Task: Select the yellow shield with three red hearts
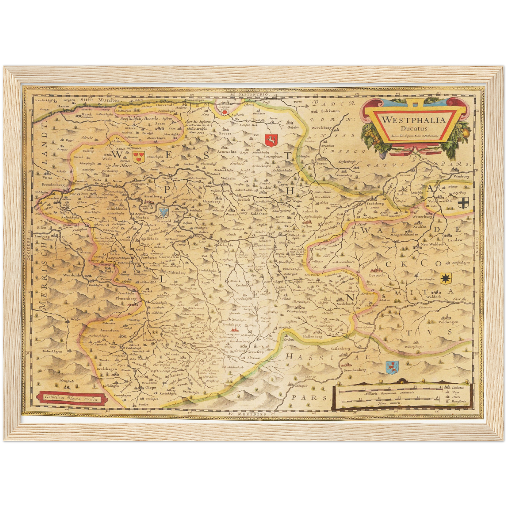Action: click(139, 156)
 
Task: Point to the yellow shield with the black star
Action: click(446, 279)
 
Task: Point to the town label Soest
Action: click(160, 124)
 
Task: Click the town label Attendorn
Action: click(109, 330)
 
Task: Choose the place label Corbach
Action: click(376, 275)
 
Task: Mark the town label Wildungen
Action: click(448, 322)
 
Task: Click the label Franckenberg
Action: click(355, 370)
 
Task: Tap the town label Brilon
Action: click(307, 226)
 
